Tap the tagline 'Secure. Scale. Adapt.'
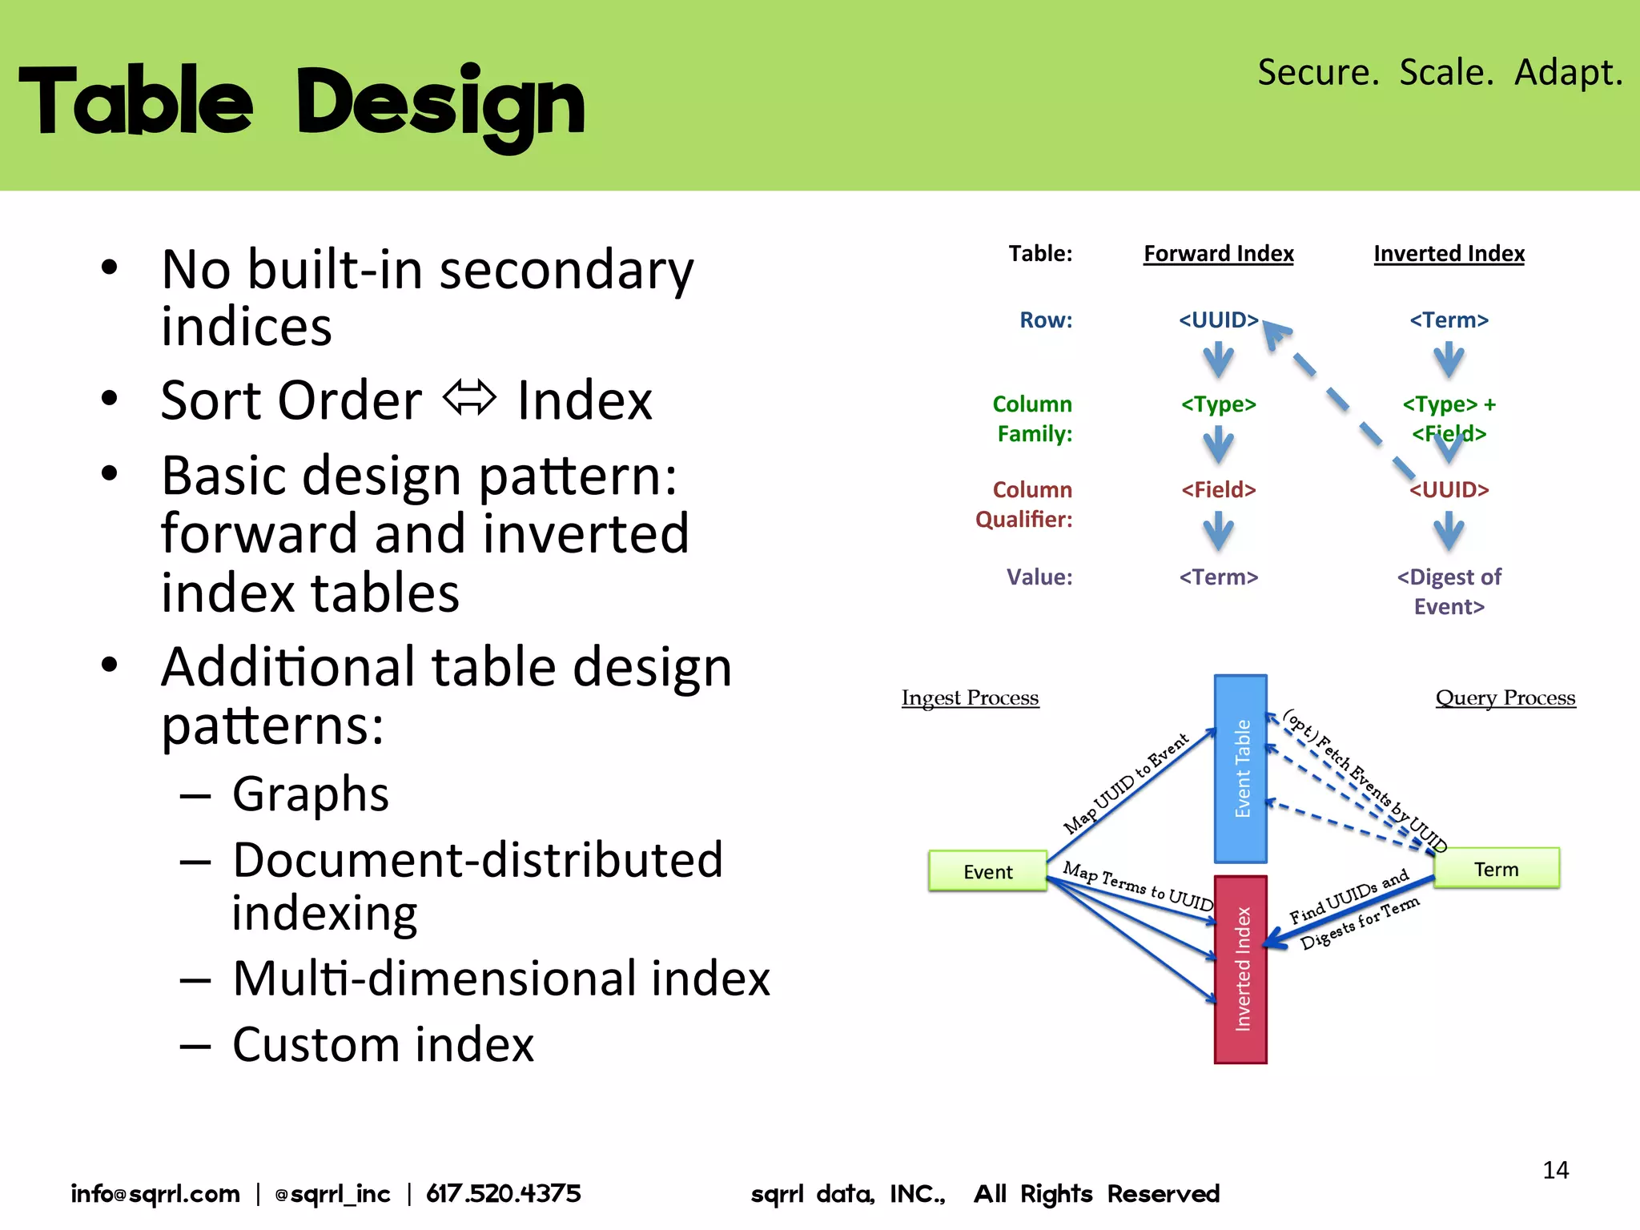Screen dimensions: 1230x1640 pyautogui.click(x=1439, y=72)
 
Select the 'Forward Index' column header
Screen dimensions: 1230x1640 pyautogui.click(x=1218, y=254)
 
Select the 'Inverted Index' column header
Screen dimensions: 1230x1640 pyautogui.click(x=1449, y=254)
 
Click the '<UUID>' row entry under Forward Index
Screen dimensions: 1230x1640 pyautogui.click(x=1218, y=320)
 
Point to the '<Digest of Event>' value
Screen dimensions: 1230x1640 pyautogui.click(x=1449, y=591)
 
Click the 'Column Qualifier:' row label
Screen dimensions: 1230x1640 pyautogui.click(x=1025, y=504)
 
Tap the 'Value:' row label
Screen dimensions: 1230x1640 pyautogui.click(x=1039, y=577)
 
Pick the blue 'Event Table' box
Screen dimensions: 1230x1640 pyautogui.click(x=1240, y=769)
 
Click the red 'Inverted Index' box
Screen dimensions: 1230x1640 pyautogui.click(x=1240, y=969)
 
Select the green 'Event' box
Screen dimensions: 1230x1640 pyautogui.click(x=987, y=871)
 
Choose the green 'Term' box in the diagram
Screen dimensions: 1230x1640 pyautogui.click(x=1496, y=869)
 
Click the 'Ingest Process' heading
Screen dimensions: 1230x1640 pyautogui.click(x=970, y=697)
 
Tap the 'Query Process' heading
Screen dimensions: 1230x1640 pyautogui.click(x=1505, y=697)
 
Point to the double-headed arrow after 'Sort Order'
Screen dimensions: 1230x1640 pyautogui.click(x=470, y=398)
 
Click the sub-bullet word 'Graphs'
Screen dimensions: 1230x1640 pyautogui.click(x=311, y=794)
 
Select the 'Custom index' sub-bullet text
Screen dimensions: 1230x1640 pyautogui.click(x=383, y=1044)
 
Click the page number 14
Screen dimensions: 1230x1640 pyautogui.click(x=1555, y=1170)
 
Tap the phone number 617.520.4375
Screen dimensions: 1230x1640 pyautogui.click(x=503, y=1194)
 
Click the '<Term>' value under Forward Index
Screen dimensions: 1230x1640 pyautogui.click(x=1218, y=577)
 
